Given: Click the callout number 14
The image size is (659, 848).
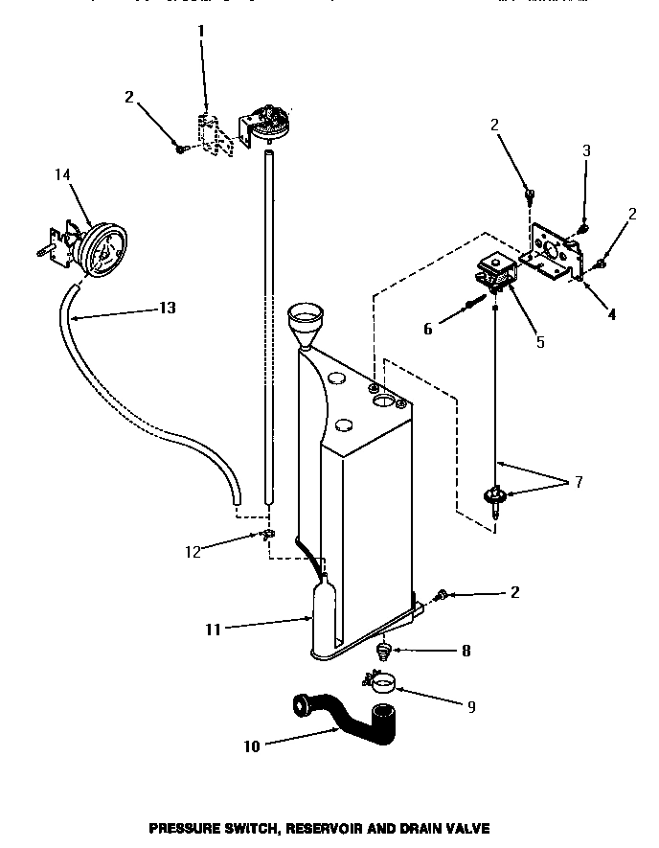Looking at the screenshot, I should point(63,175).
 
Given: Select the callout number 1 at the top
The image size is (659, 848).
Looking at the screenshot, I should point(201,31).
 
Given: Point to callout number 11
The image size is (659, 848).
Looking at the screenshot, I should point(212,630).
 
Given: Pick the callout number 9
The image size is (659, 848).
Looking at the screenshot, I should point(470,707).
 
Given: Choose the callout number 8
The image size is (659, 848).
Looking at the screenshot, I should point(466,651).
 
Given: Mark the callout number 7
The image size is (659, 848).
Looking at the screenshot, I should point(578,481).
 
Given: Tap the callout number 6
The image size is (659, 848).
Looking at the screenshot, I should point(428,329).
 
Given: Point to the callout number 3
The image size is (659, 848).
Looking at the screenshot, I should point(586,150).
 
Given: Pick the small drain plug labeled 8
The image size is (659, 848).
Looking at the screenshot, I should point(383,653).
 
